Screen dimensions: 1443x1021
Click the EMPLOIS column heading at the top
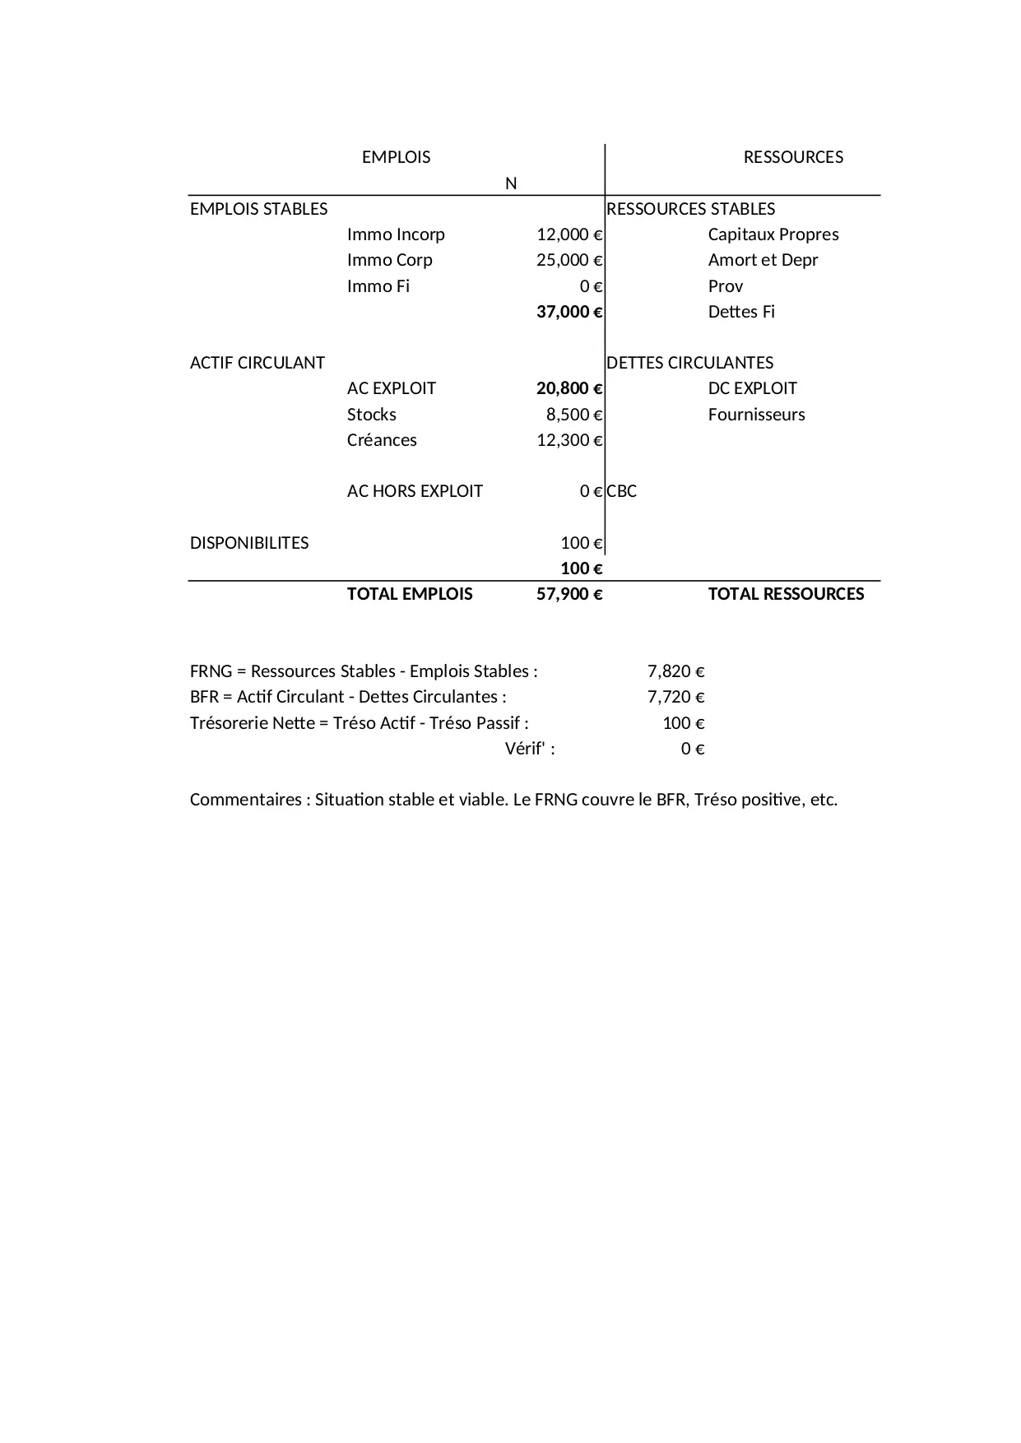click(396, 157)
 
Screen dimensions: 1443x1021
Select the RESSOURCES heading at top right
click(793, 157)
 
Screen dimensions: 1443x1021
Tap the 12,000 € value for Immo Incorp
click(569, 234)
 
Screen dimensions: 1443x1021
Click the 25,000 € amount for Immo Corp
click(569, 260)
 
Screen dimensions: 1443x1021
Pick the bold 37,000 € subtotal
click(569, 312)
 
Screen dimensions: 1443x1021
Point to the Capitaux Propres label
click(773, 234)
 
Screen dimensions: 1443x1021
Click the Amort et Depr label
click(763, 260)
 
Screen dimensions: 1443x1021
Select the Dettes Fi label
click(741, 312)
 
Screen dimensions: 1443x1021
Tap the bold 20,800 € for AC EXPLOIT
click(569, 388)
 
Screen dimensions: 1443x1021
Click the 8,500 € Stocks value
click(574, 415)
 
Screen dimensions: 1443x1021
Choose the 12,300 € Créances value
click(569, 440)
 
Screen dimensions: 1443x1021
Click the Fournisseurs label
click(756, 415)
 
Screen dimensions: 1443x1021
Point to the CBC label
click(622, 491)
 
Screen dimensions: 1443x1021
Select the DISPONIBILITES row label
click(249, 543)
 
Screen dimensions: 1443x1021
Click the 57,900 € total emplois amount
click(569, 594)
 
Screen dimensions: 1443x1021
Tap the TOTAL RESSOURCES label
click(786, 594)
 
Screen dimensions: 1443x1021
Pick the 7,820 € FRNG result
click(675, 671)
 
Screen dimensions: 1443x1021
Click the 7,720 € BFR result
click(675, 697)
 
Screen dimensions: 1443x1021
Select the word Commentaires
click(245, 800)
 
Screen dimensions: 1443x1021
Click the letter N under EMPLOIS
click(511, 183)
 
